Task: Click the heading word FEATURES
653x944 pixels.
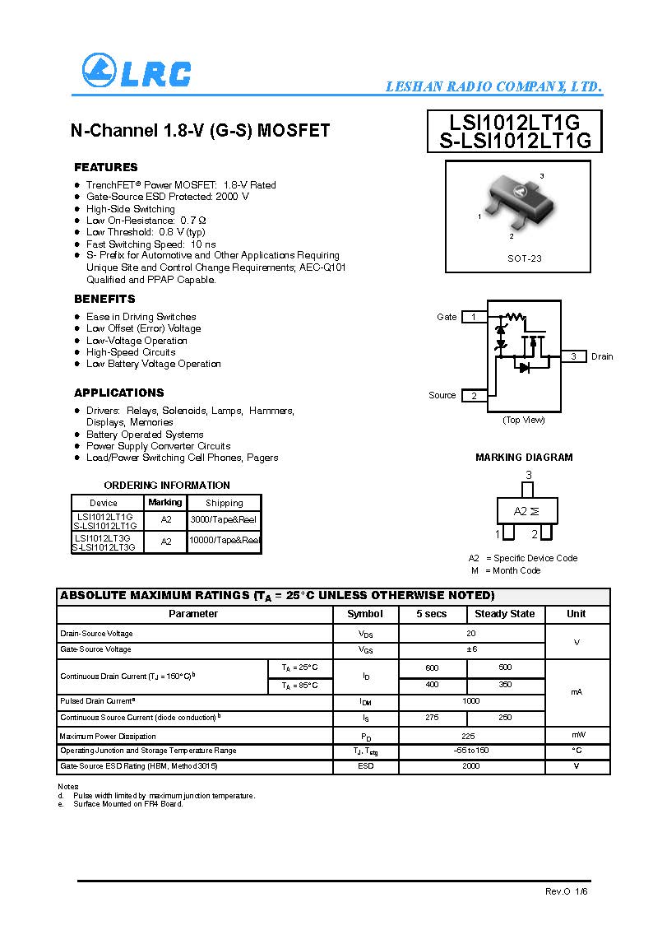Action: (x=106, y=167)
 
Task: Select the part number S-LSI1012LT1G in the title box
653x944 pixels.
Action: (x=516, y=141)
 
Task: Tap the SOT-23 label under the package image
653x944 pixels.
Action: (x=524, y=258)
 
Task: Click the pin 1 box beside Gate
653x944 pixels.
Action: (x=474, y=317)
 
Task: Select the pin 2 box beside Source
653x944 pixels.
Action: (x=474, y=396)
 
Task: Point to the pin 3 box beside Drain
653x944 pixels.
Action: (x=573, y=356)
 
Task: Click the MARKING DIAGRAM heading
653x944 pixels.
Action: (x=524, y=458)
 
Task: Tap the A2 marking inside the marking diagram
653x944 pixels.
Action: (x=521, y=511)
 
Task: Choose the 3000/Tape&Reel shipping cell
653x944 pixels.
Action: (x=224, y=520)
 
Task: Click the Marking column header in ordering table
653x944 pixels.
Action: (x=165, y=502)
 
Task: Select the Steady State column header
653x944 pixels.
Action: (x=505, y=614)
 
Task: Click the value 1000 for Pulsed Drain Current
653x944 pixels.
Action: (x=471, y=701)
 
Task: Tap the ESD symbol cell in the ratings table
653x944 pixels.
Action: (x=366, y=766)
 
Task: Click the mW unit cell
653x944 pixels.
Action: (x=577, y=735)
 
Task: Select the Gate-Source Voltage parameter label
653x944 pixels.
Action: (x=95, y=649)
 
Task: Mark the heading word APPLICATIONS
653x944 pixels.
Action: (x=119, y=393)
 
